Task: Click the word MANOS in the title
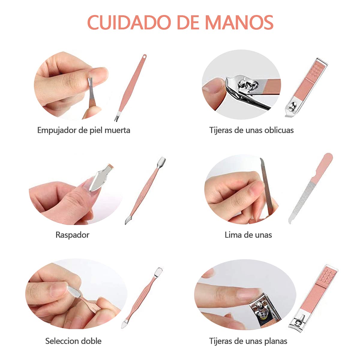239,22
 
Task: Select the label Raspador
73,235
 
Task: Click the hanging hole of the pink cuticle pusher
145,56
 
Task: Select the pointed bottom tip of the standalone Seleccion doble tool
122,327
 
